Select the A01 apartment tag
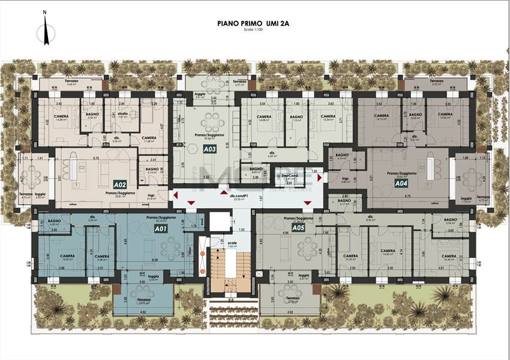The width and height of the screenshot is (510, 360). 160,229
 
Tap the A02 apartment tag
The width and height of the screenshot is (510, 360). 119,185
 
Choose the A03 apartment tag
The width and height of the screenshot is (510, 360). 209,148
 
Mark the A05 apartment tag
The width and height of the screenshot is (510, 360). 298,228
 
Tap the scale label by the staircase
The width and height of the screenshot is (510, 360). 232,244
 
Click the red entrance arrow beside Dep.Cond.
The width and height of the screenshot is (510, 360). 319,178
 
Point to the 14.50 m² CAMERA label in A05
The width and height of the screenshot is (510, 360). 388,252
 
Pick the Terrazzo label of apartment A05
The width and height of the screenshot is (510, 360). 292,298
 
